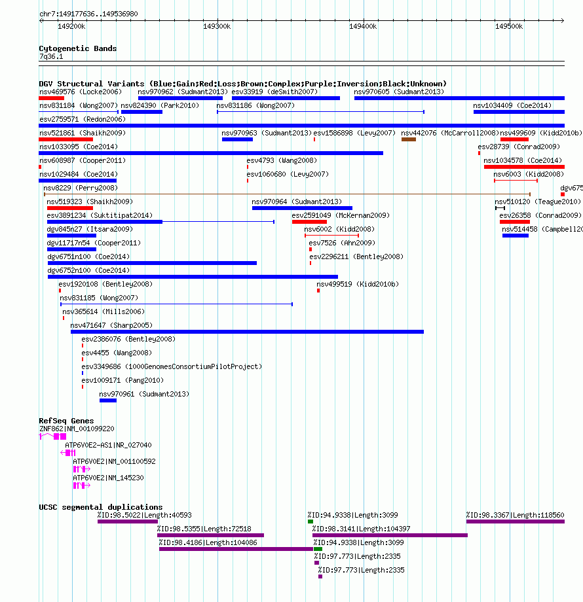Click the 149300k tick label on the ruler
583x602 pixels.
coord(217,26)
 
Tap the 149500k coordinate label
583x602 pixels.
coord(509,26)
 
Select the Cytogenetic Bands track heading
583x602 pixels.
coord(78,48)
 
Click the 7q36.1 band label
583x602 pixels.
coord(51,56)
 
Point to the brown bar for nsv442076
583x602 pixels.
coord(409,139)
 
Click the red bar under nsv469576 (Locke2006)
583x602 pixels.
coord(52,98)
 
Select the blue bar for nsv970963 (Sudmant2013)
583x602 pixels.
coord(237,139)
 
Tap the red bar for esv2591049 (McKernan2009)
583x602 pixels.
coord(309,222)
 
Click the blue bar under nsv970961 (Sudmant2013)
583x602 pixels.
coord(108,401)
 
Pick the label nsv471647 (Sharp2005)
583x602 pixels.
coord(111,326)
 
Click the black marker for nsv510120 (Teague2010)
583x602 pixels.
coord(500,208)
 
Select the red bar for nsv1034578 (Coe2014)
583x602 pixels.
coord(524,167)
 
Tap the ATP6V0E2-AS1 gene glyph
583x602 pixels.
coord(68,453)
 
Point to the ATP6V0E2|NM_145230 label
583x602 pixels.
coord(108,478)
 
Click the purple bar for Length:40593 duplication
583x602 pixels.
coord(128,522)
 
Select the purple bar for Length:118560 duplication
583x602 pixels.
coord(516,522)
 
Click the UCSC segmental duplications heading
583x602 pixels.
coord(101,507)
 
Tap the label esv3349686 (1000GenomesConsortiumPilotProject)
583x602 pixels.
coord(172,366)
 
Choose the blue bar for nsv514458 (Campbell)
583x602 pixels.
coord(516,236)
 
